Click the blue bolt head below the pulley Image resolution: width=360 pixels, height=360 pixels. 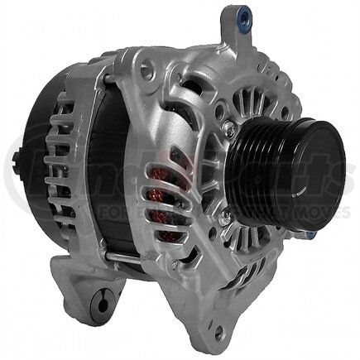point(309,234)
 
